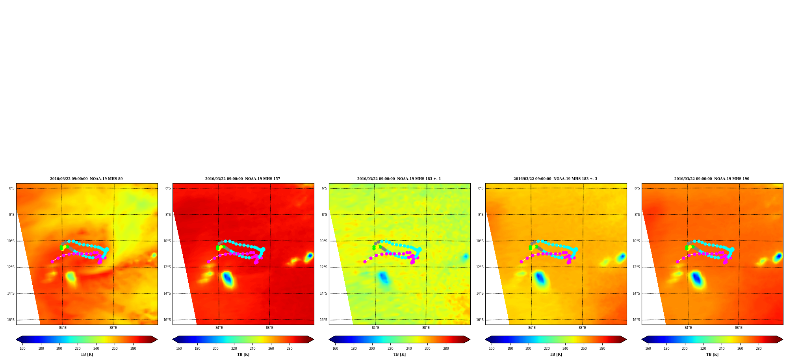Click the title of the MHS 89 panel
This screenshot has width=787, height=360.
point(86,179)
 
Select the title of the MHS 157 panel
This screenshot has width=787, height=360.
point(243,179)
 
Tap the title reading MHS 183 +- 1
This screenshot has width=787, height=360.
point(399,179)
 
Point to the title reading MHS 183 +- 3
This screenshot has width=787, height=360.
point(555,179)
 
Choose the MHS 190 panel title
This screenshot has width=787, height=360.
point(712,179)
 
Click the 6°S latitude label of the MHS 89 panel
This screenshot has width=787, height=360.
point(12,188)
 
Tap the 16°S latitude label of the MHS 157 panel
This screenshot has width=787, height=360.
point(167,320)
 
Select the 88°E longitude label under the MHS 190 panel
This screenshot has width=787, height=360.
point(739,328)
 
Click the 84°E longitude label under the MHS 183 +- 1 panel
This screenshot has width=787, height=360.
point(375,328)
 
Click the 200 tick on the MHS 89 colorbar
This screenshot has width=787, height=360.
point(59,349)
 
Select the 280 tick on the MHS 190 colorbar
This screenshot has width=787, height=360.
point(759,349)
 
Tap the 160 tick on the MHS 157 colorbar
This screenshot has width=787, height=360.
point(179,349)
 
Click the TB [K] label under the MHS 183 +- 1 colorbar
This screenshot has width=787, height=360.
point(399,354)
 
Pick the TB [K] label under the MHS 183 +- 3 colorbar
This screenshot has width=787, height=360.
point(556,354)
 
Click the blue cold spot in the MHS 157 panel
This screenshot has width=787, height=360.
point(228,279)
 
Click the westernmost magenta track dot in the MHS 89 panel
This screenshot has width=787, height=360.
point(52,262)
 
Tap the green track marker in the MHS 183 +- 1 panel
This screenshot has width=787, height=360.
point(374,248)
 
